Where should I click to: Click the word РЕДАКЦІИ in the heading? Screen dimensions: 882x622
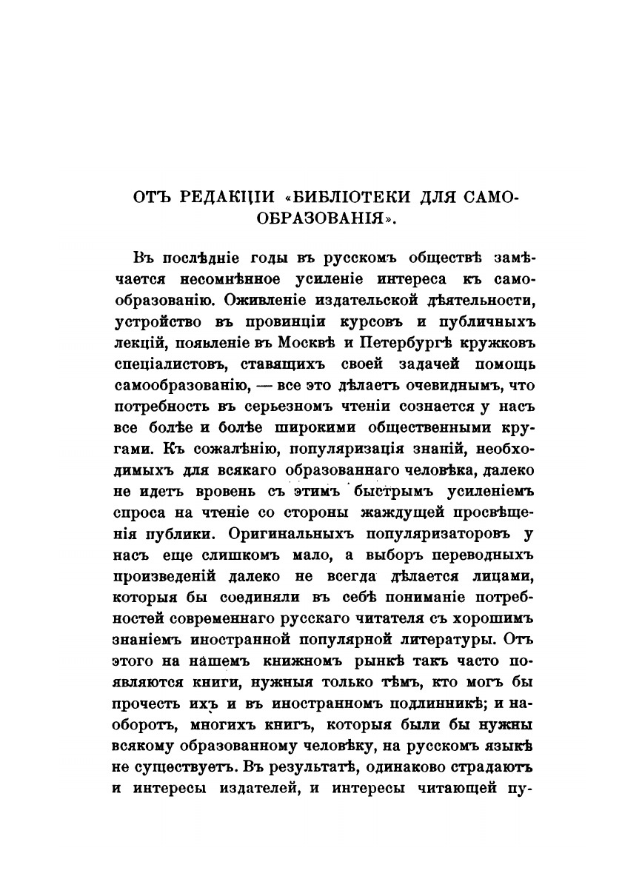click(227, 198)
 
